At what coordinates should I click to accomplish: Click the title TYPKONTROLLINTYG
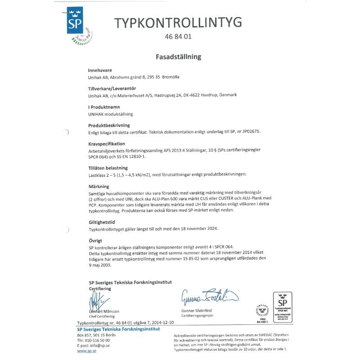pyautogui.click(x=178, y=22)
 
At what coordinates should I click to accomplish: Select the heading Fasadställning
pyautogui.click(x=178, y=57)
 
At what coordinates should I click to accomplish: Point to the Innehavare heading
pyautogui.click(x=100, y=70)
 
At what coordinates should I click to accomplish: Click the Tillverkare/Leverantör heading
pyautogui.click(x=112, y=89)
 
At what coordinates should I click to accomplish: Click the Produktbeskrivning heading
pyautogui.click(x=109, y=125)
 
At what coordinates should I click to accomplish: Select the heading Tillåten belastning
pyautogui.click(x=109, y=167)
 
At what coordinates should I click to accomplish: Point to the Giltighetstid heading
pyautogui.click(x=103, y=221)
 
